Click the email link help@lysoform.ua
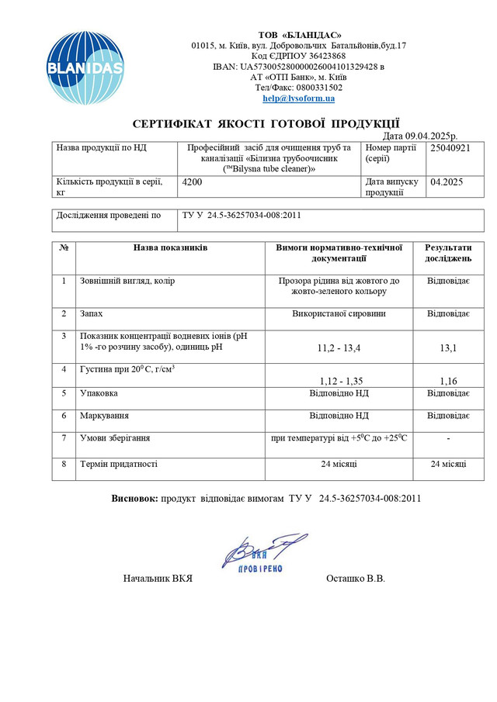(298, 99)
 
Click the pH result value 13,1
(447, 348)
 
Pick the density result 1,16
(447, 381)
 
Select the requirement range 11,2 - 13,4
(338, 348)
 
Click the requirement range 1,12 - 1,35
(338, 381)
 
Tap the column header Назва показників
(170, 248)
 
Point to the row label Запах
(91, 314)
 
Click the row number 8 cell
(64, 464)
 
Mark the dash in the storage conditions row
(447, 439)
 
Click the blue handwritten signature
(260, 551)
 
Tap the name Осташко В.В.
(356, 579)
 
